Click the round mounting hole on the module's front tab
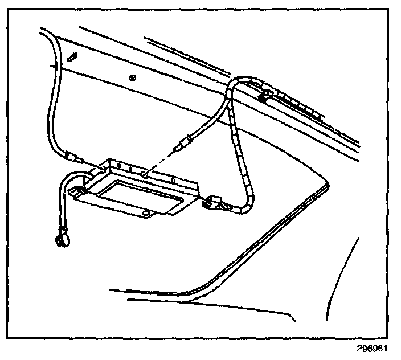tap(146, 213)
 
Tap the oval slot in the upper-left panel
tap(72, 57)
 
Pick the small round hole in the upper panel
tap(132, 77)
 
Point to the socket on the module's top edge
tap(146, 176)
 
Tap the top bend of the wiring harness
tap(239, 80)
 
